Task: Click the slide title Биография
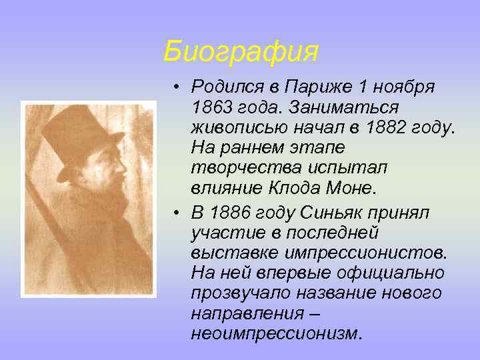tap(241, 51)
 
